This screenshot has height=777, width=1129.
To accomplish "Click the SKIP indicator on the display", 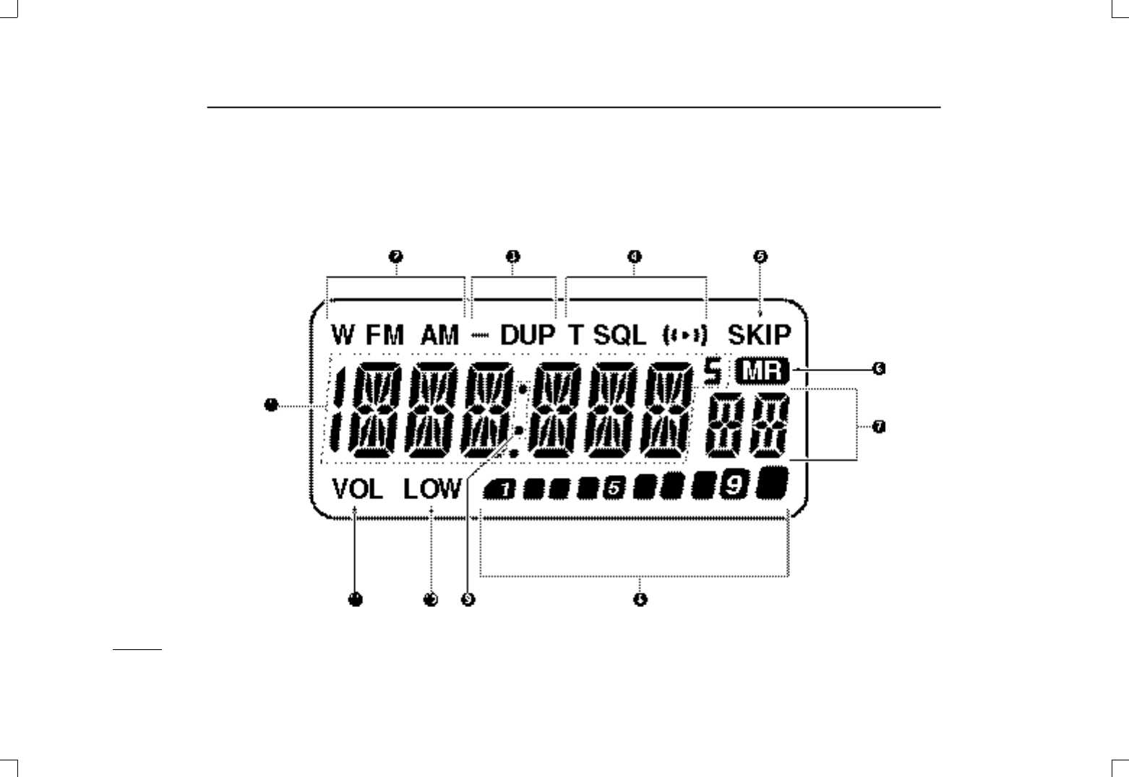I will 759,335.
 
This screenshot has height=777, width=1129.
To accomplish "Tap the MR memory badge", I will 763,373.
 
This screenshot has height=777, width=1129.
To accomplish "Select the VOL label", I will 358,490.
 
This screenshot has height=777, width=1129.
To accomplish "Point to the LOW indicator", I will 432,490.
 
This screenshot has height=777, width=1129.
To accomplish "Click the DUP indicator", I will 528,335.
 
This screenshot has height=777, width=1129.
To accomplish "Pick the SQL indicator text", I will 620,335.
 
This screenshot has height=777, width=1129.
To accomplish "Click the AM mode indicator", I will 439,335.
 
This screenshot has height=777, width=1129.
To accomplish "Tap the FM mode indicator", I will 385,335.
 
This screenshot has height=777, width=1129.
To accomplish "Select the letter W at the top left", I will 344,335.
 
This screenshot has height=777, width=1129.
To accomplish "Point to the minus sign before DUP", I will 479,336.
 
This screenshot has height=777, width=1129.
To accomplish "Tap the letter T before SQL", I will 575,335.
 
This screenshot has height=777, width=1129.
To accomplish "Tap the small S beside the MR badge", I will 713,373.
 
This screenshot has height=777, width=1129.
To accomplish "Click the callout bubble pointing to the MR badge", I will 878,369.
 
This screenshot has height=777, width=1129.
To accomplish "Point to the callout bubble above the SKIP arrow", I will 760,256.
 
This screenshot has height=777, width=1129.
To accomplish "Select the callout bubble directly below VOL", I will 355,599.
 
